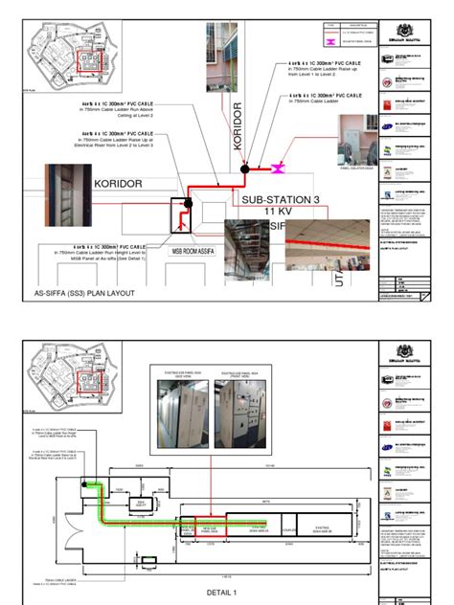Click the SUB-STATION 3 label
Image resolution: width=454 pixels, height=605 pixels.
point(284,200)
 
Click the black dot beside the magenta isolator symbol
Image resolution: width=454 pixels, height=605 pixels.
point(245,168)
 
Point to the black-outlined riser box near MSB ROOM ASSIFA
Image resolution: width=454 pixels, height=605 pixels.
point(177,216)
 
